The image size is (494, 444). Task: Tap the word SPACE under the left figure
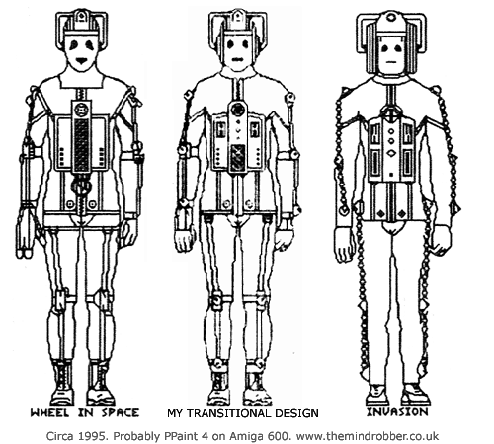121,412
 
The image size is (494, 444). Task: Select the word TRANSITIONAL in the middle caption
231,413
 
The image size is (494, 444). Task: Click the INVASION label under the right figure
397,411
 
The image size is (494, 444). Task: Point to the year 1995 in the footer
94,436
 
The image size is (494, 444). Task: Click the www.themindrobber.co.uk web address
368,436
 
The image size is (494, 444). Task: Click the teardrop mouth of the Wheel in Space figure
81,60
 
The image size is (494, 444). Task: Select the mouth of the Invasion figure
391,61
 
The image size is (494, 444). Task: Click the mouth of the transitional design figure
236,59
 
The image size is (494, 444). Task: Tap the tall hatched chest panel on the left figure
81,144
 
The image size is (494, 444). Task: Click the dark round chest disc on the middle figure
237,109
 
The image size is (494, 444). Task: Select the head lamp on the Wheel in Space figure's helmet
80,17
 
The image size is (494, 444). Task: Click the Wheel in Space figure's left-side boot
62,383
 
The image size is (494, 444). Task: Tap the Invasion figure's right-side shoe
417,394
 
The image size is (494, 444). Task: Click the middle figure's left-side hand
184,240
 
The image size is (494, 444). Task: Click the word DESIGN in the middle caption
297,413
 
